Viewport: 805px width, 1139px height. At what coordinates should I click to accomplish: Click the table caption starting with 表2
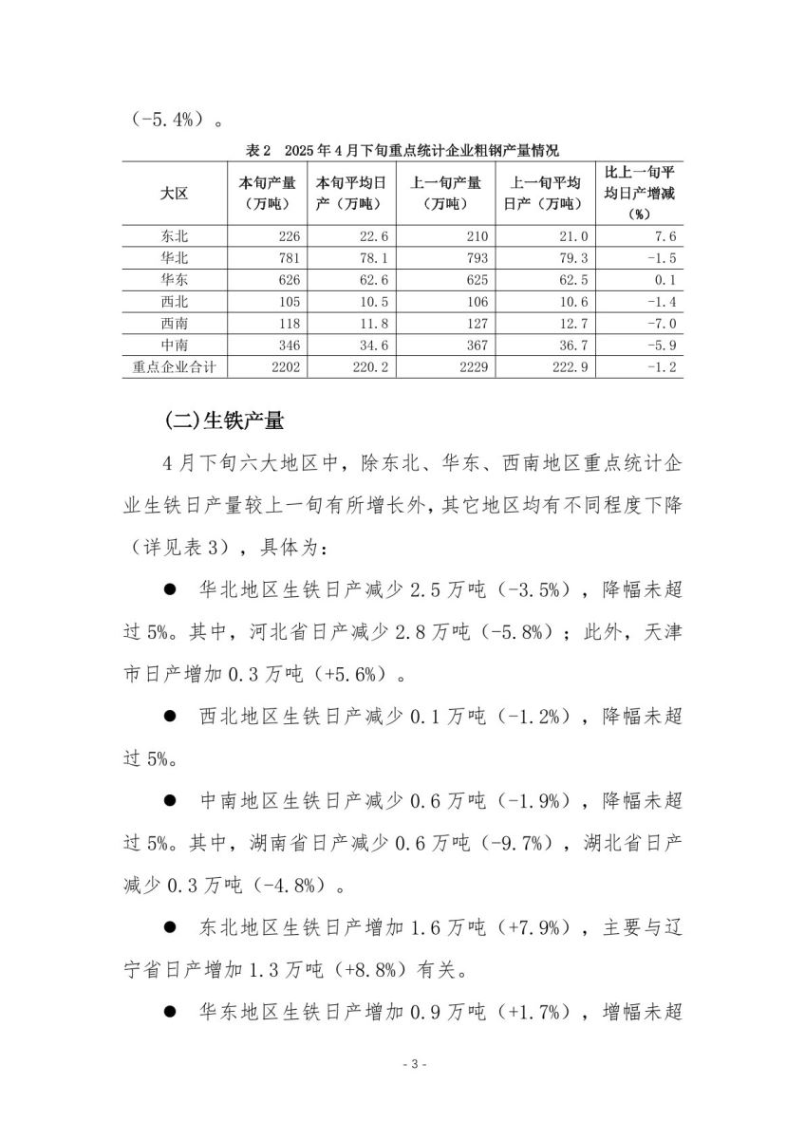tap(402, 151)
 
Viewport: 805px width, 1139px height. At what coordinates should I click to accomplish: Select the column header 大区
tap(175, 193)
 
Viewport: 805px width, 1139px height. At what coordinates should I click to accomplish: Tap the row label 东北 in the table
tap(175, 237)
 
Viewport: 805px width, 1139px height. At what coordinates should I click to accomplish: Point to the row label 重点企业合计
tap(175, 366)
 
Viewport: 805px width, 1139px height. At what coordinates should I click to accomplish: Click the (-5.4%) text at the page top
tap(165, 121)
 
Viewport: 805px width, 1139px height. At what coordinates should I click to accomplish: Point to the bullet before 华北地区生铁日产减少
tap(171, 589)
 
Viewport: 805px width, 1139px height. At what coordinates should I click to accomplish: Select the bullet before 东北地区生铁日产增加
tap(171, 927)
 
